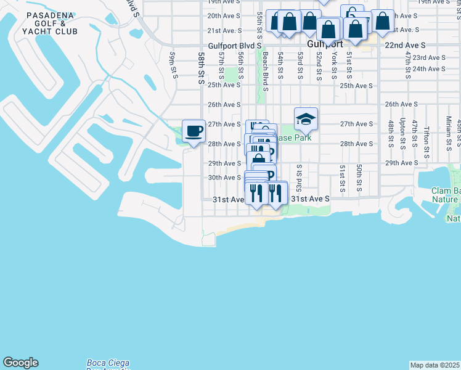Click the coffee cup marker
(x=194, y=131)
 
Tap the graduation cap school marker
(x=305, y=119)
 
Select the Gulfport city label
(x=325, y=45)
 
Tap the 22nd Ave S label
(x=406, y=45)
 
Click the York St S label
(x=334, y=65)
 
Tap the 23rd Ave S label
(x=428, y=57)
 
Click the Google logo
(x=20, y=363)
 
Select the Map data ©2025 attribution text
(x=435, y=365)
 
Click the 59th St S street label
(x=174, y=65)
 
